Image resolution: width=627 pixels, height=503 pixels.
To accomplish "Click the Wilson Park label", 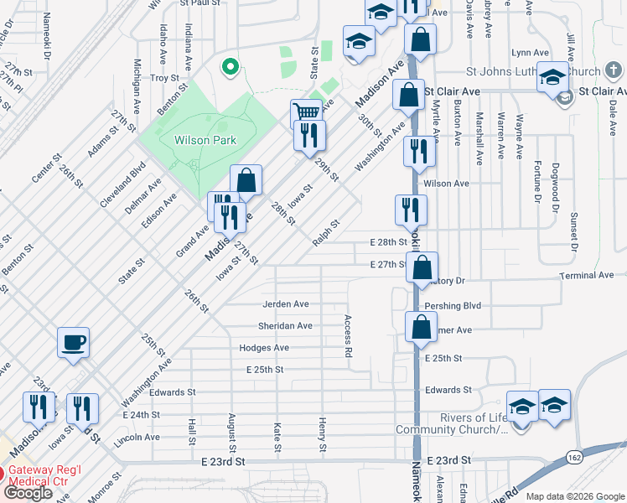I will (205, 141).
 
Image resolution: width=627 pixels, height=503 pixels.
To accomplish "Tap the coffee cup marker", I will (73, 342).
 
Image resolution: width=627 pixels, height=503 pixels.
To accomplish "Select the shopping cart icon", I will (307, 112).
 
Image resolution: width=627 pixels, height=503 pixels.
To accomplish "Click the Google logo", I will (28, 493).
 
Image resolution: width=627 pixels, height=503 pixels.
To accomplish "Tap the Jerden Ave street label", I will (286, 303).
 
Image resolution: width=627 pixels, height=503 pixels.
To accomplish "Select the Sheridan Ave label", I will (286, 325).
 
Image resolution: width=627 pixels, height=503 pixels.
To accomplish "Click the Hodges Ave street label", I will (264, 347).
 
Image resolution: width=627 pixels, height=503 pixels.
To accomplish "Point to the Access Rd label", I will (347, 335).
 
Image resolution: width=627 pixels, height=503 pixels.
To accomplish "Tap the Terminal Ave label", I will (588, 275).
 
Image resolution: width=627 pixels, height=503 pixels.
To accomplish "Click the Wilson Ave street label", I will (447, 183).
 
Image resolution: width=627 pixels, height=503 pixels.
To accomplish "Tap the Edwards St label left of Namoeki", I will (173, 392).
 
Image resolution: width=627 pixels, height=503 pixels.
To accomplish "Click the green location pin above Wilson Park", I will (228, 65).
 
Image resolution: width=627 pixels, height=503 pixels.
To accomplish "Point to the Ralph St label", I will (325, 233).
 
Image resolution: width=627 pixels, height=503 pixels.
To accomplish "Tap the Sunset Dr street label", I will (575, 232).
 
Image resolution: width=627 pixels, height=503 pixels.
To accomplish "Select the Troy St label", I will (164, 78).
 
